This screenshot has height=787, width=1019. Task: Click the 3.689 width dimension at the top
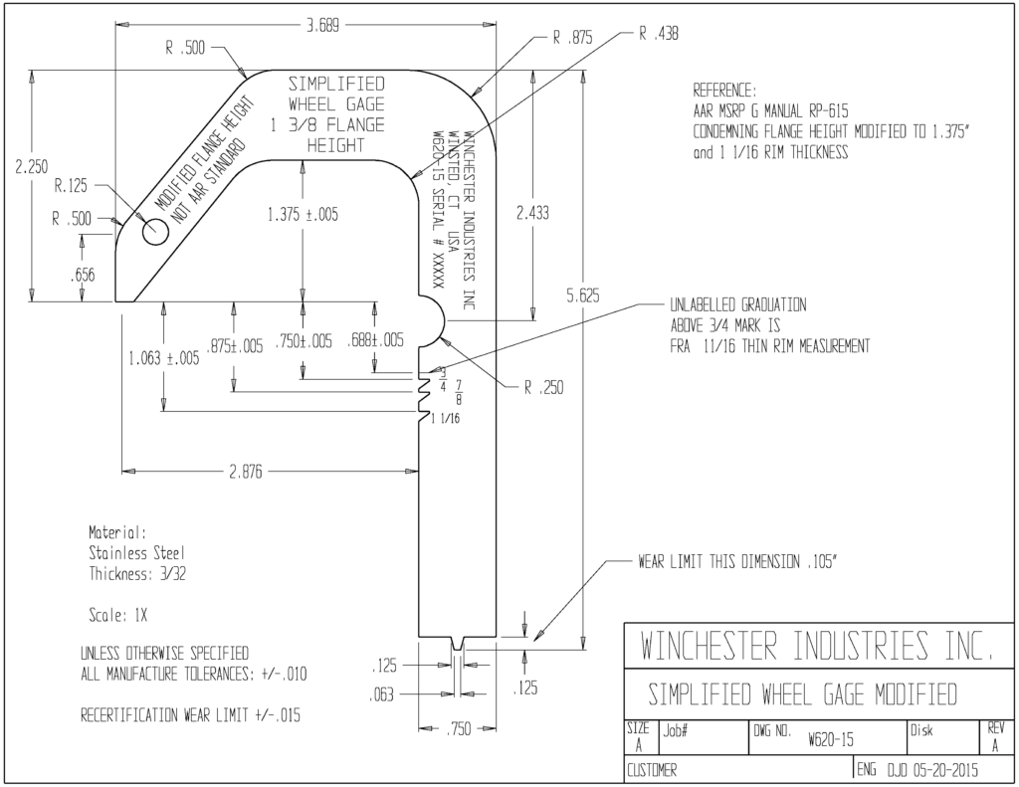pos(323,26)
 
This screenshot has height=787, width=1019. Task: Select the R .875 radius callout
pos(572,38)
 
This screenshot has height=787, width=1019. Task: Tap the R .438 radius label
pos(659,34)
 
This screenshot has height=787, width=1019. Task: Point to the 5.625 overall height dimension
pos(582,295)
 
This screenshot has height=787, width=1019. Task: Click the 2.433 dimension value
pos(533,213)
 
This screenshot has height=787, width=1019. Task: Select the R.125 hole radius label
pos(71,186)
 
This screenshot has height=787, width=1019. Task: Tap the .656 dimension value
pos(82,275)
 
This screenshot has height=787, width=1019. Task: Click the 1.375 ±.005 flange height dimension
pos(303,215)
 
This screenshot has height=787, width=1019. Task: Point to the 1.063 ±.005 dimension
pos(164,359)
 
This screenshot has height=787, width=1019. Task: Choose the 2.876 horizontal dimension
pos(246,472)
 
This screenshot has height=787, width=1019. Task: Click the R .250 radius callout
pos(544,388)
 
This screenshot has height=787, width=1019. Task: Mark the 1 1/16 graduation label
pos(445,419)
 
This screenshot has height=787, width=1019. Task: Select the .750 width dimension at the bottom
pos(459,729)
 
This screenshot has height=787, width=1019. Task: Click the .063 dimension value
pos(381,694)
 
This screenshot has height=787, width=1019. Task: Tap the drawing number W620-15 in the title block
pos(831,739)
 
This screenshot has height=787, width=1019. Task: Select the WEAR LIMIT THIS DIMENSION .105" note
pos(737,562)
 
